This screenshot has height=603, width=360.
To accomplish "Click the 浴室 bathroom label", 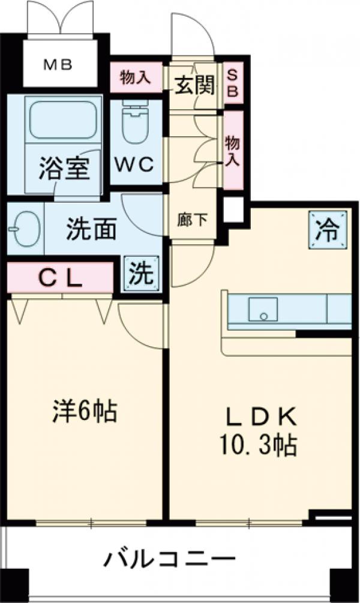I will pyautogui.click(x=65, y=169).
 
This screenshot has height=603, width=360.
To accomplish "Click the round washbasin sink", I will pyautogui.click(x=24, y=229).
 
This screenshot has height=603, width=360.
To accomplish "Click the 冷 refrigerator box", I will pyautogui.click(x=328, y=229).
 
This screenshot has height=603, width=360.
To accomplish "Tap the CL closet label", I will pyautogui.click(x=60, y=277).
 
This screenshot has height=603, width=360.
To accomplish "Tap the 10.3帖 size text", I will pyautogui.click(x=260, y=444).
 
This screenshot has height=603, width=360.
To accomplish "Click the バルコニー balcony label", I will pyautogui.click(x=170, y=560).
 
